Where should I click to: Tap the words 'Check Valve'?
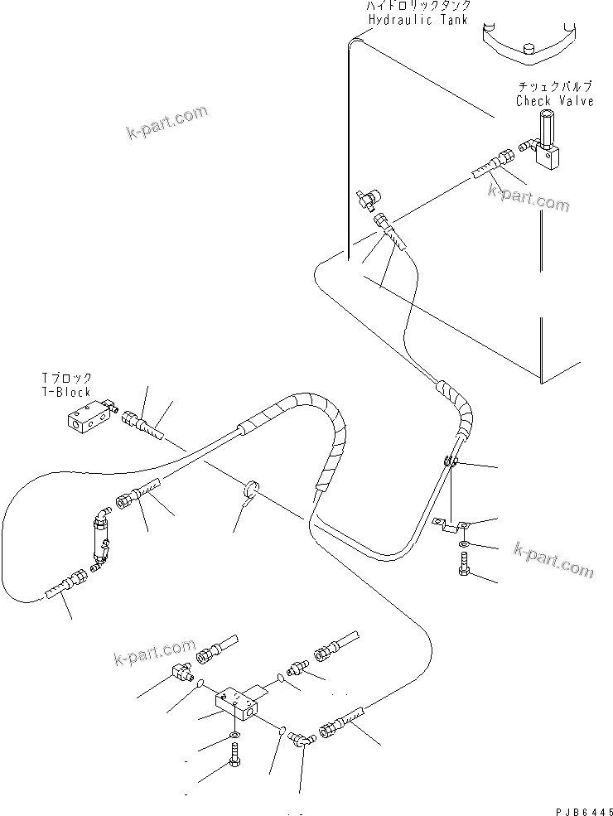point(554,101)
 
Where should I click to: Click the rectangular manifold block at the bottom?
point(239,702)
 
